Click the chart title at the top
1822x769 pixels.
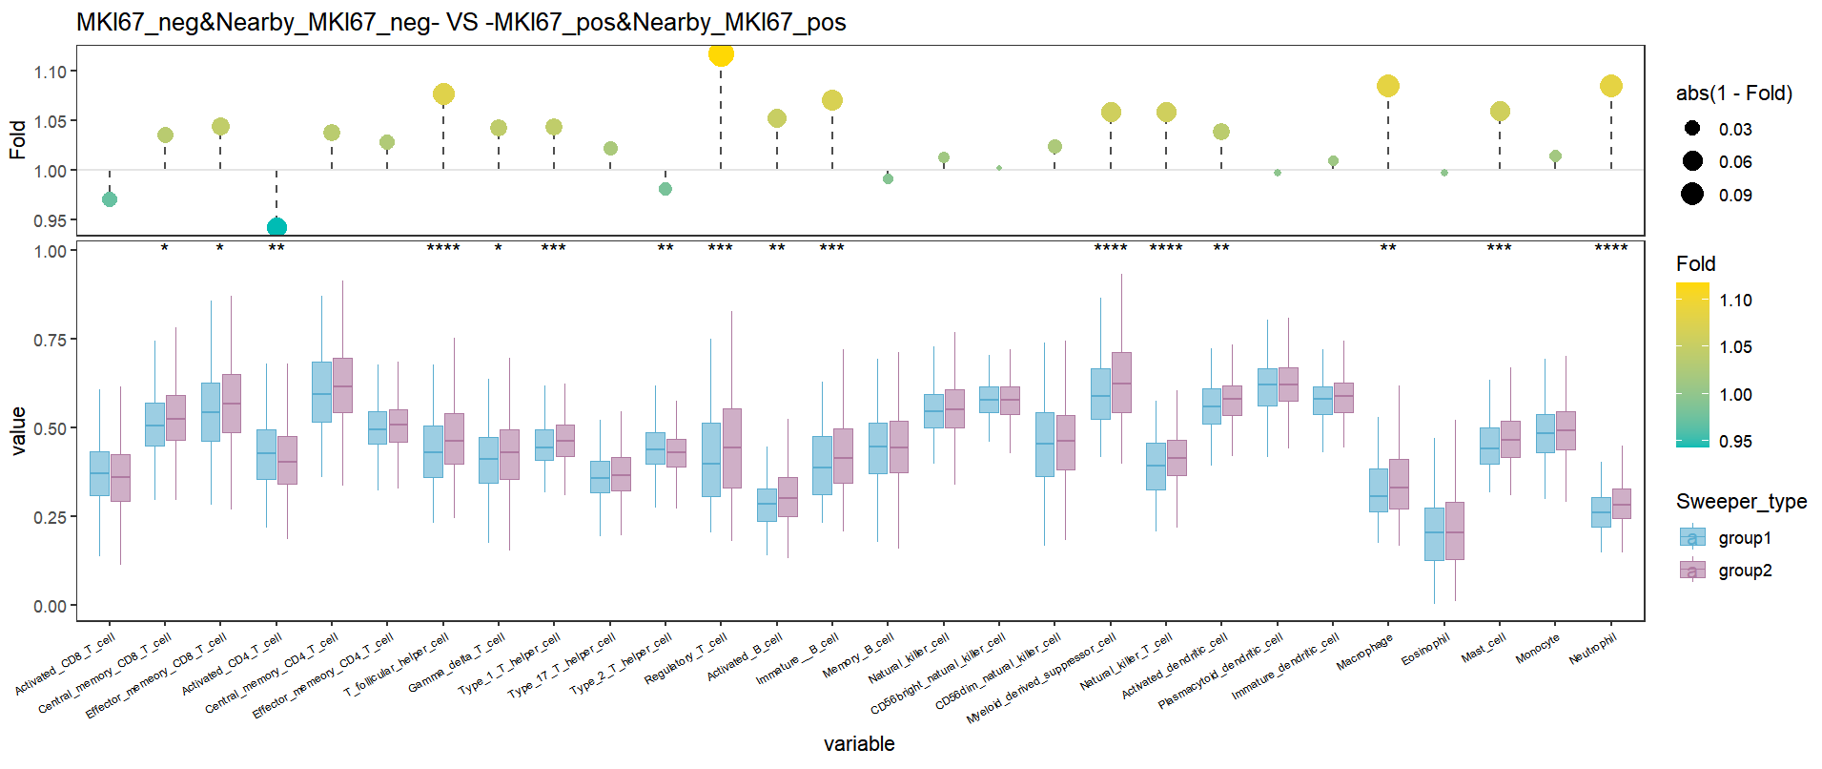(x=461, y=22)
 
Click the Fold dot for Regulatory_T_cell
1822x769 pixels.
(x=721, y=54)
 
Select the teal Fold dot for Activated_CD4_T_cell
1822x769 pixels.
(x=276, y=227)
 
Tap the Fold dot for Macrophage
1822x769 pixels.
(x=1388, y=86)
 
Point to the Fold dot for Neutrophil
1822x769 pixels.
(x=1611, y=86)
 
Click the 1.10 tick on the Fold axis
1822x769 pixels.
(x=50, y=72)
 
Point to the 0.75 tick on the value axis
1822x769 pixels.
(x=50, y=340)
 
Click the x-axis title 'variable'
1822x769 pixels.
(x=859, y=744)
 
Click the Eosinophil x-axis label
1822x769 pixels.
(x=1426, y=651)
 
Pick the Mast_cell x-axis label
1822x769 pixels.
(x=1484, y=648)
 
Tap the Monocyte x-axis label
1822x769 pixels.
(x=1538, y=649)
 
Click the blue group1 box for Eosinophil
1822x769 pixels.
(x=1434, y=533)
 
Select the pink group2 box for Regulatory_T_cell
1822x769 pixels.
(x=732, y=448)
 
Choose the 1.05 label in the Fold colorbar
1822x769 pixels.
(x=1735, y=347)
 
